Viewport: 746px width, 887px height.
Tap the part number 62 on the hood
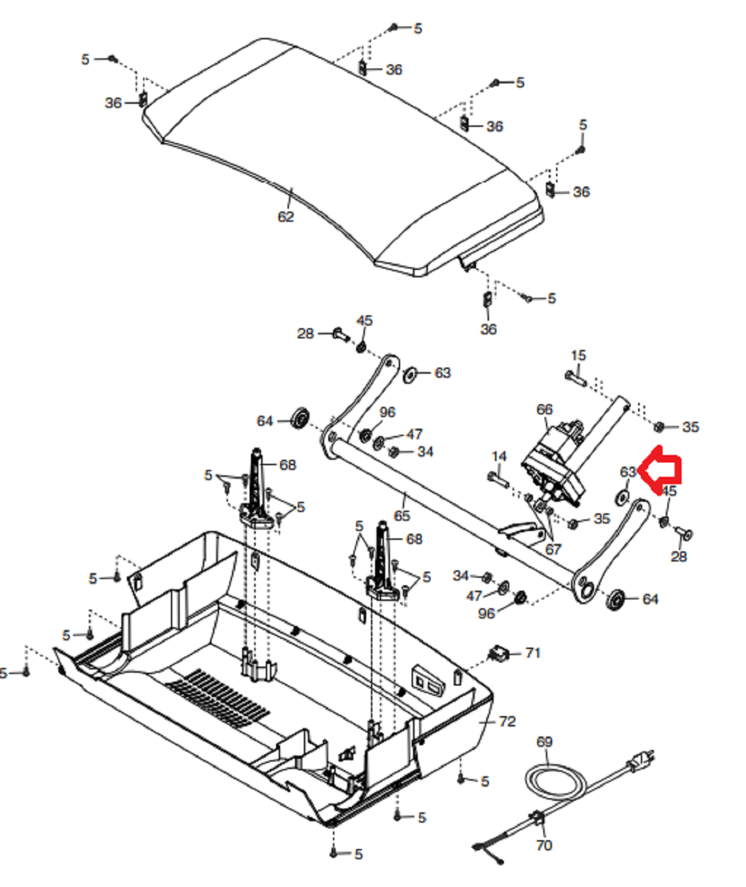pos(286,216)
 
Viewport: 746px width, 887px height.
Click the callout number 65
pos(401,515)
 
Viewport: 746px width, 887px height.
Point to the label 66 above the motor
pos(544,410)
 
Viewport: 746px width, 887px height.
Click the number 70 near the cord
pos(544,846)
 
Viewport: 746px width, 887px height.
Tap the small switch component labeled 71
pos(498,654)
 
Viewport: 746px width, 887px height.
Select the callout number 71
pos(533,652)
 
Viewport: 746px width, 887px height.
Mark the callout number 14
pos(498,456)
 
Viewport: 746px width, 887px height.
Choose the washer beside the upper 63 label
pos(410,375)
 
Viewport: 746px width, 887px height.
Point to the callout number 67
pos(553,549)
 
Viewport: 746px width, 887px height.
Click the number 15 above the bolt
pos(578,355)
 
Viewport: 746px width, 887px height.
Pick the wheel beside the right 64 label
pos(615,600)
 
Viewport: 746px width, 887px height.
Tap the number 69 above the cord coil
pos(544,742)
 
